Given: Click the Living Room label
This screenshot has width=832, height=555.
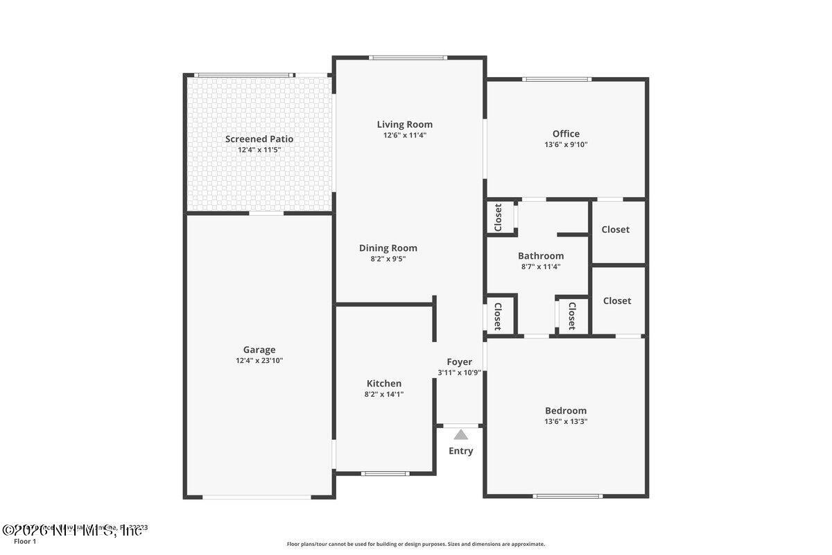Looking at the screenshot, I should [x=405, y=125].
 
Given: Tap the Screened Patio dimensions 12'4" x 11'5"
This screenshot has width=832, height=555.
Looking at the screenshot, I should [x=259, y=150].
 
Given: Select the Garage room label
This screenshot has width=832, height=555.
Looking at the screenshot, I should [x=259, y=350].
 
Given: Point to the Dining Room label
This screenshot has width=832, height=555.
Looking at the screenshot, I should [x=388, y=248].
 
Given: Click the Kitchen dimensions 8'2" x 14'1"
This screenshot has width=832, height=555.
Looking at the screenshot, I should [x=383, y=394].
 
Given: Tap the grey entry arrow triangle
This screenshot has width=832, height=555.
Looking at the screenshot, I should [x=461, y=435].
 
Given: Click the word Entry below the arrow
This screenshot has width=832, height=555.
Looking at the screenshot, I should [x=461, y=451].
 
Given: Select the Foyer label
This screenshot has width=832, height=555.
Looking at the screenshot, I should [x=459, y=361].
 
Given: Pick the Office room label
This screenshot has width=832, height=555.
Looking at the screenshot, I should [x=566, y=134].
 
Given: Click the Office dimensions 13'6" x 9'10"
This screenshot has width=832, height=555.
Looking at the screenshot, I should [x=566, y=145].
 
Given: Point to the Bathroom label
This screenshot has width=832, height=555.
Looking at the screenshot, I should [x=541, y=256].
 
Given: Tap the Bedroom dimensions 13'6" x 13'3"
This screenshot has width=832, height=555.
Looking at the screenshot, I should [x=566, y=421].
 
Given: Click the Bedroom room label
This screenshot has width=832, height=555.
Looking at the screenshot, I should [x=566, y=410].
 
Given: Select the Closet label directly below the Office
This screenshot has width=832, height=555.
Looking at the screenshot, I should [x=616, y=230].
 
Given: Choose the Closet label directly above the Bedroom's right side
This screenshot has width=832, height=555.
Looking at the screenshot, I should [x=617, y=301].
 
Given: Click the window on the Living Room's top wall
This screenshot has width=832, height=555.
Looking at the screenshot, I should [x=408, y=58].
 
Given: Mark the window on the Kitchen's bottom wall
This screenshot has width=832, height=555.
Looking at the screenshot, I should [x=385, y=474].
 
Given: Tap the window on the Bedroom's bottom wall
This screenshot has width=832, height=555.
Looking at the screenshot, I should [x=567, y=496].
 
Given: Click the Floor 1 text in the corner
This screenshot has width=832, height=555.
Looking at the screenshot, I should [x=24, y=541].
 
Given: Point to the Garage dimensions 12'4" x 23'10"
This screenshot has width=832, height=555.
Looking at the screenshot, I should [x=259, y=361].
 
